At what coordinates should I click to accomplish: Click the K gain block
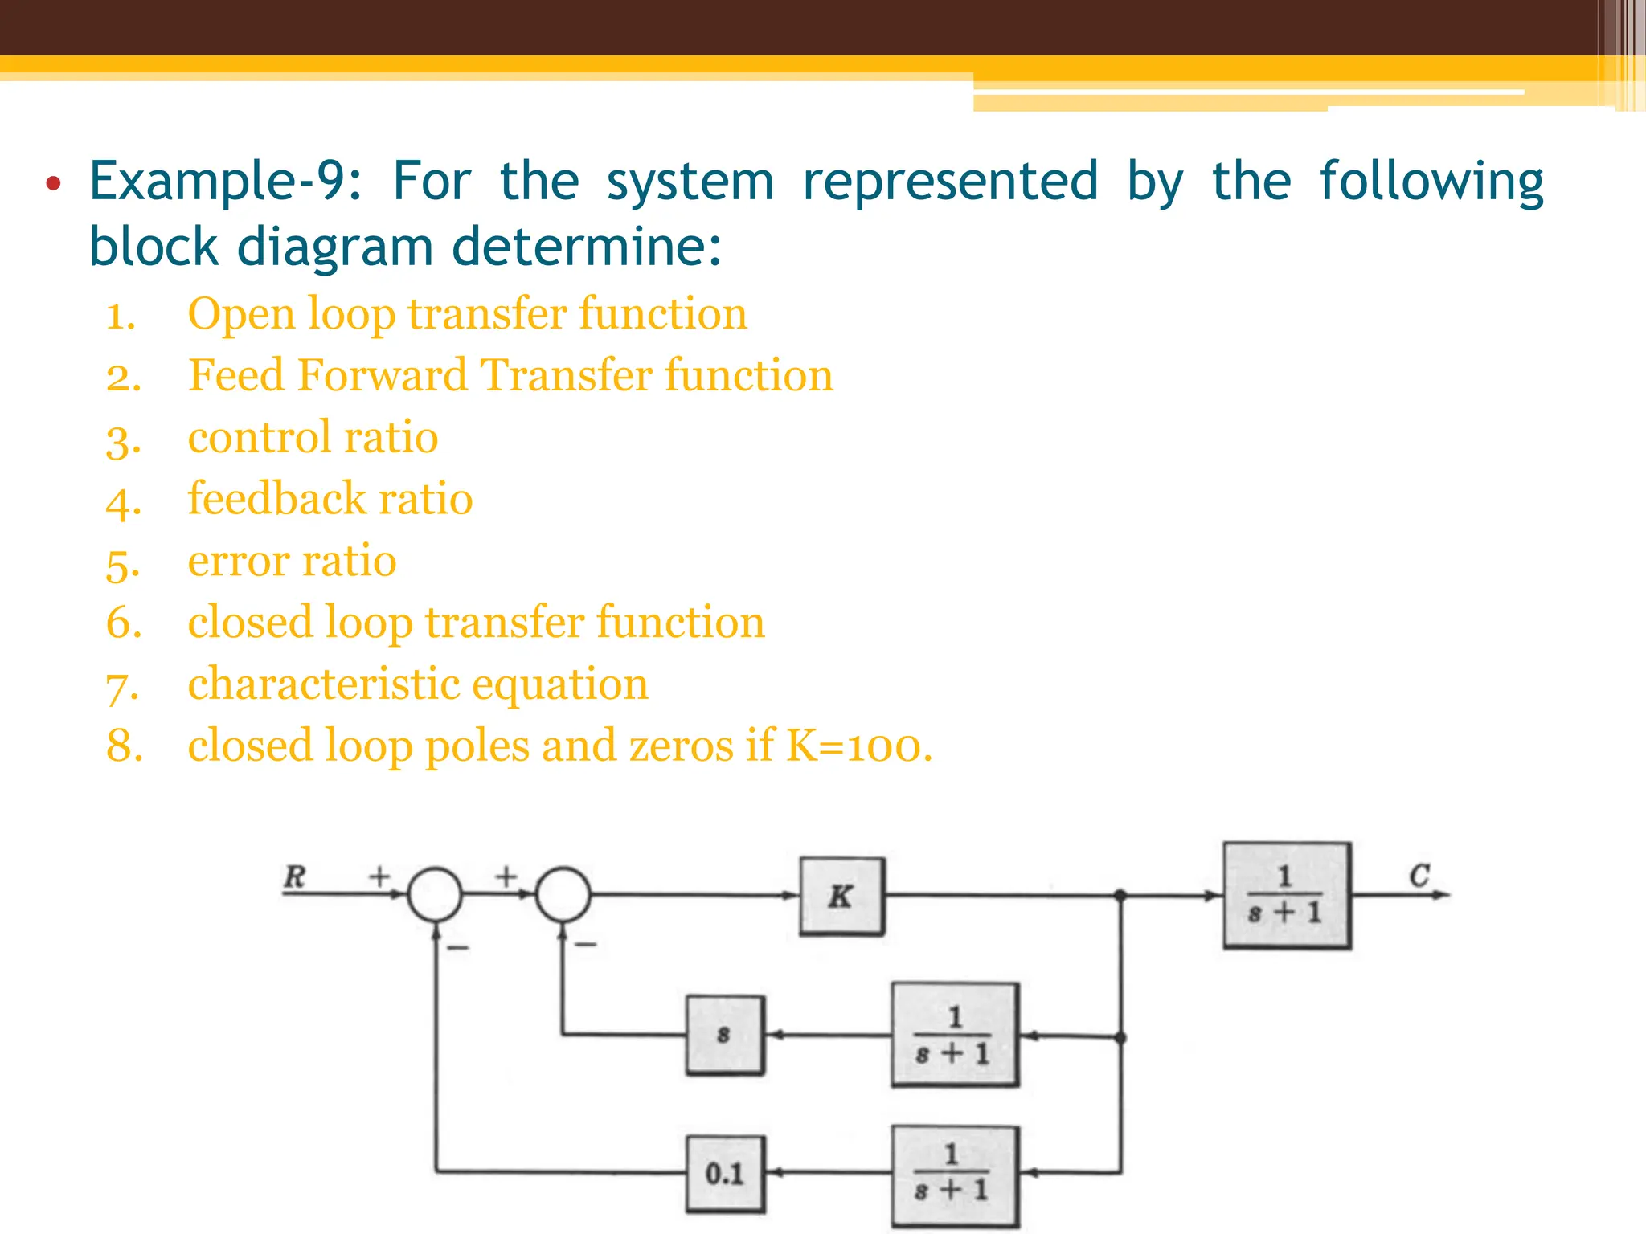tap(841, 896)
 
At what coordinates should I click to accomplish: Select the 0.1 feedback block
tap(725, 1174)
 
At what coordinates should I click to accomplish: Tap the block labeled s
tap(725, 1035)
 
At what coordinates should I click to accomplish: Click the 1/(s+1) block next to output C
tap(1286, 895)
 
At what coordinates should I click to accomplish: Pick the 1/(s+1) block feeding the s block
tap(954, 1035)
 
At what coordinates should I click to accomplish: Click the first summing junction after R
tap(435, 894)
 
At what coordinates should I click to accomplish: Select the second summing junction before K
tap(563, 894)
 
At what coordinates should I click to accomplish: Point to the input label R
tap(295, 876)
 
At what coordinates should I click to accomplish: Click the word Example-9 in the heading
tap(225, 182)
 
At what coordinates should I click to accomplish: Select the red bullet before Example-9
tap(53, 184)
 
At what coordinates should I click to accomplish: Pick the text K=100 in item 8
tap(858, 746)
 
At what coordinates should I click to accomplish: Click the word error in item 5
tap(237, 561)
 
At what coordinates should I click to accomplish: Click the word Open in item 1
tap(241, 314)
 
